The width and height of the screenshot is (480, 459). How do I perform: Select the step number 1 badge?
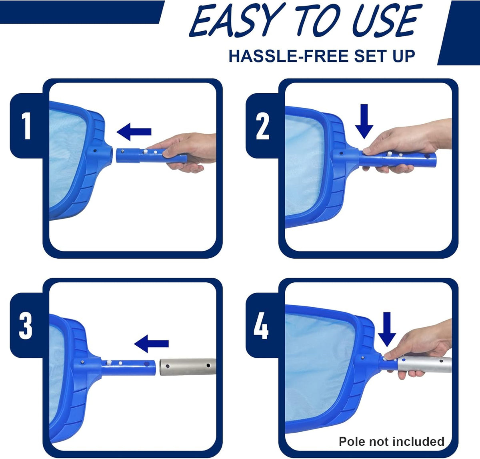click(x=26, y=126)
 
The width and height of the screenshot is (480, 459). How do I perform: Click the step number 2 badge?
click(x=262, y=126)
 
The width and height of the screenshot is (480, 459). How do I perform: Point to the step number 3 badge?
click(x=26, y=326)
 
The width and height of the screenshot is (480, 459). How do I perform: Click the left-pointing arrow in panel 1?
click(x=134, y=132)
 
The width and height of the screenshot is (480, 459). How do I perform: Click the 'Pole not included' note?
click(x=391, y=441)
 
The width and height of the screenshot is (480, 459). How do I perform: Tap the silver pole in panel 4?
click(x=424, y=364)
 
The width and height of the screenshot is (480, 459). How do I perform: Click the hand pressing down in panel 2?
click(x=404, y=144)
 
